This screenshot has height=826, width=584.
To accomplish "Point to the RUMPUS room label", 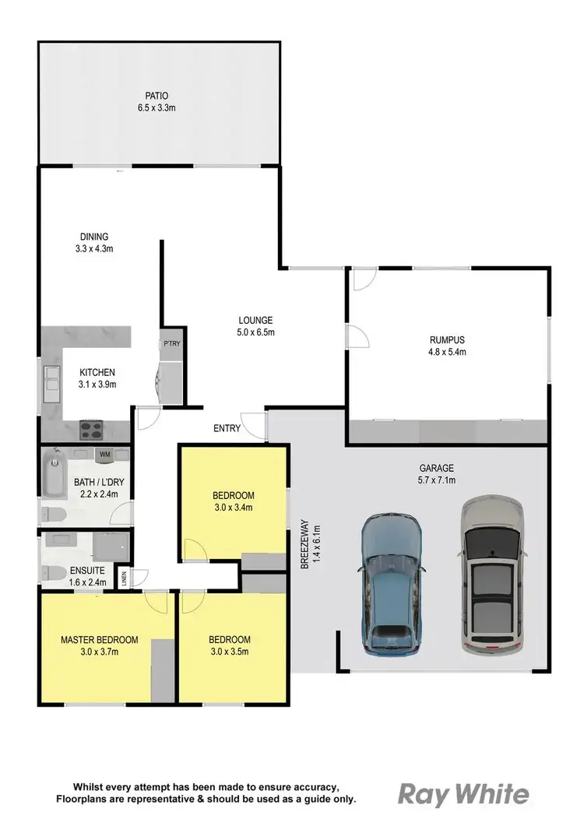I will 447,339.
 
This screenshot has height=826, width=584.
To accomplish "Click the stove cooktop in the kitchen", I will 93,429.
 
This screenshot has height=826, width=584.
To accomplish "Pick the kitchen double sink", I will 51,383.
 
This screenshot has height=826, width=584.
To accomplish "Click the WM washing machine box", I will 104,453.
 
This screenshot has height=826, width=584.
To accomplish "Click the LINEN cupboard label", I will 123,578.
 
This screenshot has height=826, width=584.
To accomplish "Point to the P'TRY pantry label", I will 171,343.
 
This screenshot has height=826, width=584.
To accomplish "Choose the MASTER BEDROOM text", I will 100,640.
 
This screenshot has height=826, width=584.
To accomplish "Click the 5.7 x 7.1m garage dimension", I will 435,480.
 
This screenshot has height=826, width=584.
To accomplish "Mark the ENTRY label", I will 226,428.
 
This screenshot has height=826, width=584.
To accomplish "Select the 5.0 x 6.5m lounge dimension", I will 255,332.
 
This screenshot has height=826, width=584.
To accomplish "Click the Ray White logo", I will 463,794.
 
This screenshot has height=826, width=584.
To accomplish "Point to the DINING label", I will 93,237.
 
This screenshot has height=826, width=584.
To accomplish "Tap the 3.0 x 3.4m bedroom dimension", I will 234,508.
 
